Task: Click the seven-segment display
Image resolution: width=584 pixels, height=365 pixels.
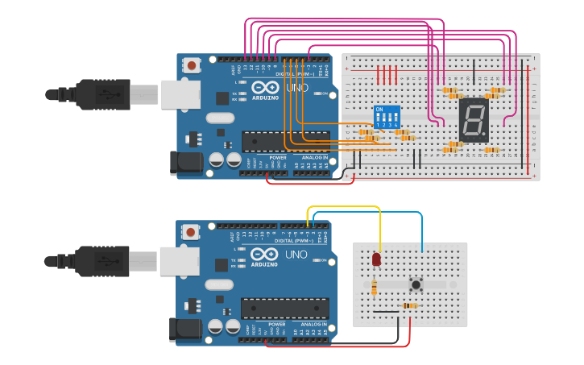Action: pos(474,120)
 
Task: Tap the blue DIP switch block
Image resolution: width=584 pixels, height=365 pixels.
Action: pos(387,118)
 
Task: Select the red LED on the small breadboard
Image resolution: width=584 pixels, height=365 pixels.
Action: pos(376,259)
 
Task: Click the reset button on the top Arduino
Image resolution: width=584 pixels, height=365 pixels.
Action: pos(192,64)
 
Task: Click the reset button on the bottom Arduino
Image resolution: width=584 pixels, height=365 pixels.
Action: pos(191,232)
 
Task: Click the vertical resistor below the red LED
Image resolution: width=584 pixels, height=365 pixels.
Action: pos(374,286)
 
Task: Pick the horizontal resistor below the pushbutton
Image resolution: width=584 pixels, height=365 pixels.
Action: pos(412,305)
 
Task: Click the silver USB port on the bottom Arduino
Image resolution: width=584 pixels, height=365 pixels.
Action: pos(180,261)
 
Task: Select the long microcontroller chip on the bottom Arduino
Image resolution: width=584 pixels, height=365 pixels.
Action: pos(284,308)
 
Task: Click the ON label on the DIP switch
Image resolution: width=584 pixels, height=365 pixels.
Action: pos(379,109)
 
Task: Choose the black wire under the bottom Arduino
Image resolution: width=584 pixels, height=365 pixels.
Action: pos(338,343)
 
